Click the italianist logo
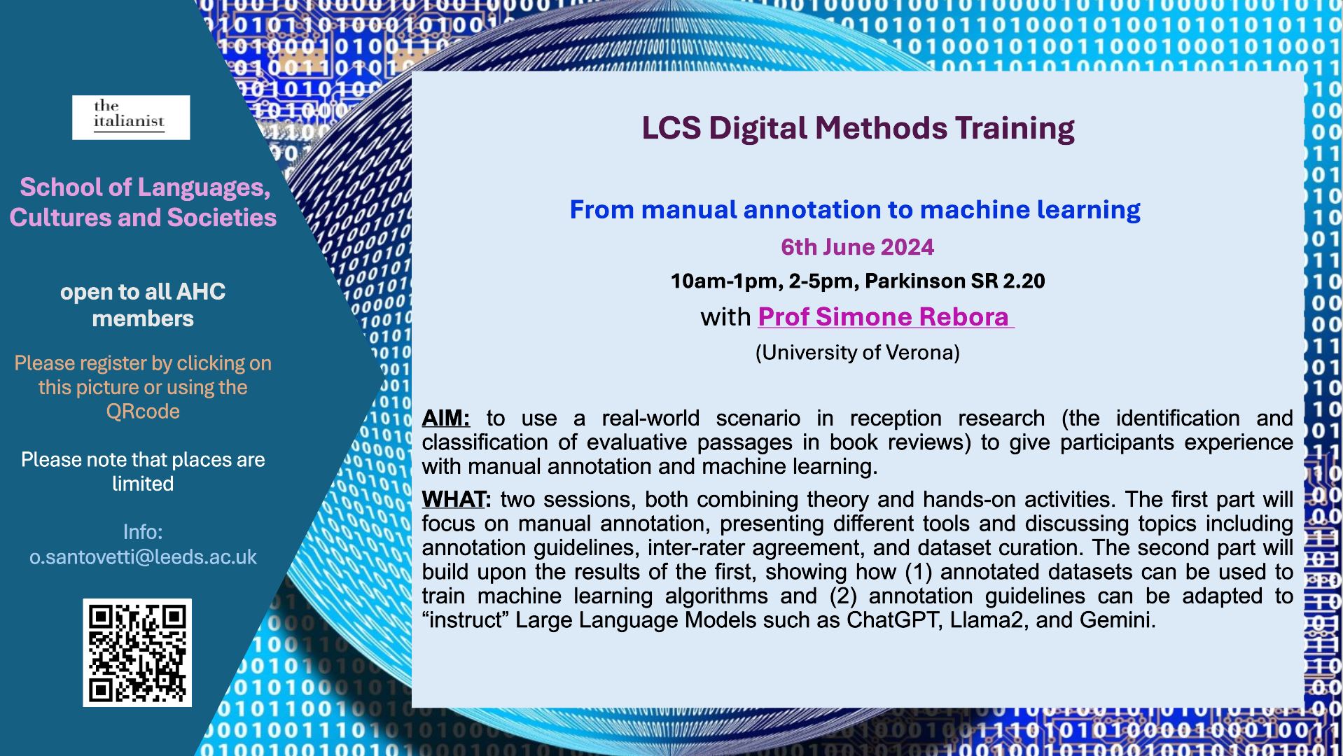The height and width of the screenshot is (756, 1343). point(131,117)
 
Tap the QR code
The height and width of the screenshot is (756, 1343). point(137,652)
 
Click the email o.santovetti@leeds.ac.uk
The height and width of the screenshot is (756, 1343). point(143,557)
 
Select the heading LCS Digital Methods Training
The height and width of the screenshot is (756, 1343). point(858,128)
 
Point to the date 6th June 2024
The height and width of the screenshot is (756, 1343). point(857,247)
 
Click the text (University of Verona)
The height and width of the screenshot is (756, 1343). point(857,352)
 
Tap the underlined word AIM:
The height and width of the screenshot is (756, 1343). point(445,419)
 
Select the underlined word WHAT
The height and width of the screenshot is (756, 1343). point(454,500)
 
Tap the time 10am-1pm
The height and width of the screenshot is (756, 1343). point(725,281)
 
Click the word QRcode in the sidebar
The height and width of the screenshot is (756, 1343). point(143,412)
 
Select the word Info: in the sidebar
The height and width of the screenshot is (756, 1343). point(143,532)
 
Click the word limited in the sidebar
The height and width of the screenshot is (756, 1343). point(143,484)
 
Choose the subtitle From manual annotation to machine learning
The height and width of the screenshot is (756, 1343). point(855,209)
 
